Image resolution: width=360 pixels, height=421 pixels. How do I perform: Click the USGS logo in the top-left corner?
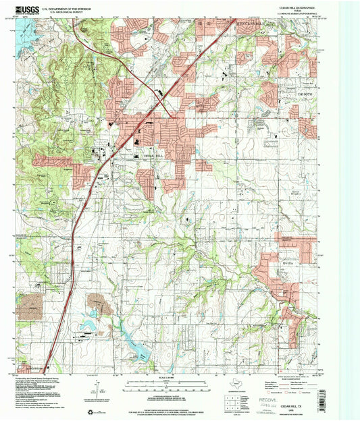click(x=26, y=9)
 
